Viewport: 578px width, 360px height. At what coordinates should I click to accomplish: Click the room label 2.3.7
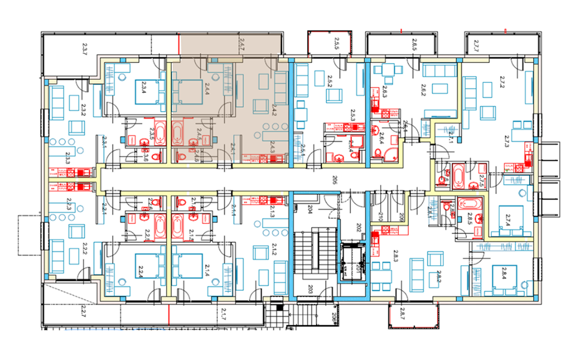click(86, 47)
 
